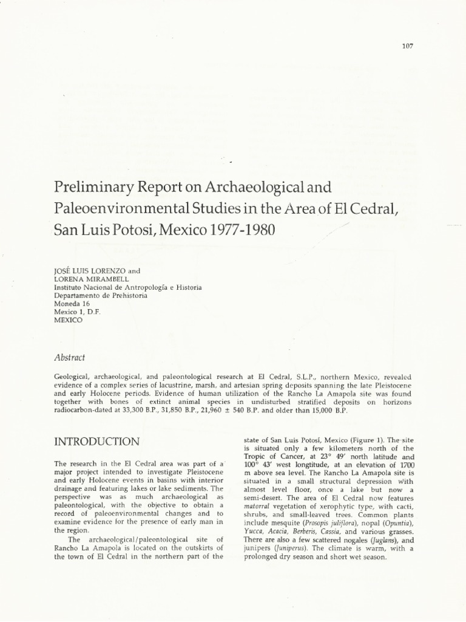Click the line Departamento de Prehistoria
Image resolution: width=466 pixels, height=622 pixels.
click(101, 295)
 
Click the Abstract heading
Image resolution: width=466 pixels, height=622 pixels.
click(70, 358)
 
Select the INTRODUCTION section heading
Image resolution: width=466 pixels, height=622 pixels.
click(96, 441)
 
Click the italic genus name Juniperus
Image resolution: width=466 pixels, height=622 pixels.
click(294, 549)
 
